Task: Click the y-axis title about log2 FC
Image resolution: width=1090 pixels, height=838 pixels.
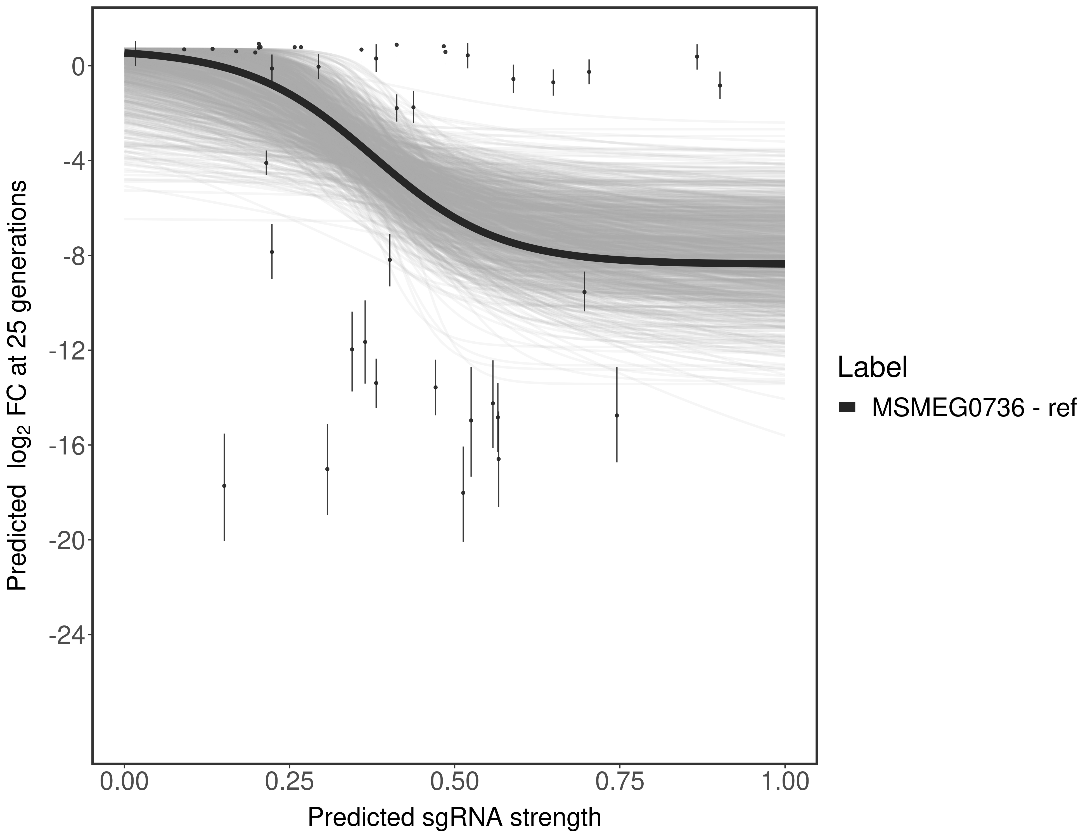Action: pos(17,385)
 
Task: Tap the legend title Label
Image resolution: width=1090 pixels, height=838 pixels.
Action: pos(872,368)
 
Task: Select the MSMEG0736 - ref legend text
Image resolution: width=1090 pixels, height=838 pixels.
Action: pos(973,408)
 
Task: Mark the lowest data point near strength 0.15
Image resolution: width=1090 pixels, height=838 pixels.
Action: pos(224,485)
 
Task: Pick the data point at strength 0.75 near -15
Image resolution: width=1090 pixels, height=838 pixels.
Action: pos(617,415)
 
